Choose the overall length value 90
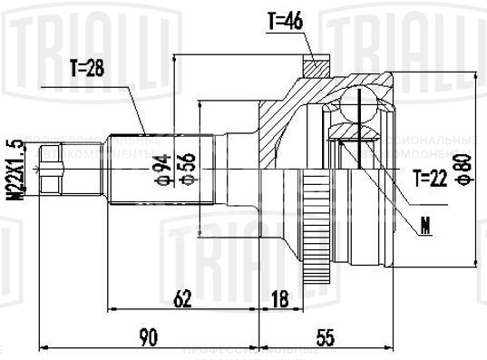click(149, 337)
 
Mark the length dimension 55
click(325, 337)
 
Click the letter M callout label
click(424, 223)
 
